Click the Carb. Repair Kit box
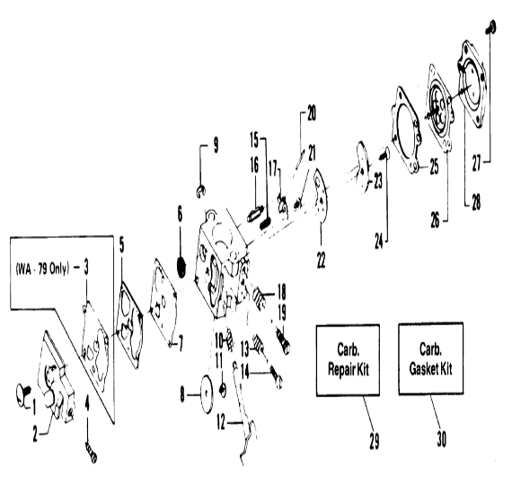(x=349, y=360)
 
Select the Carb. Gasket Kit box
(x=430, y=359)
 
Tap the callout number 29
(x=375, y=441)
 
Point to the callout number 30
(x=441, y=438)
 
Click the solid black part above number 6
(x=181, y=267)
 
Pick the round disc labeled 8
(x=207, y=395)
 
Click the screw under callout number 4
(x=91, y=454)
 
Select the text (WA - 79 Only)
(x=43, y=269)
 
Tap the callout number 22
(x=321, y=260)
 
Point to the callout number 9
(x=216, y=145)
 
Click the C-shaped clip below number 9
(x=201, y=191)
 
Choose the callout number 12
(x=221, y=423)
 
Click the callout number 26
(x=435, y=220)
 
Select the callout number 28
(x=476, y=202)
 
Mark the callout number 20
(x=312, y=113)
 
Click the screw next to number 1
(x=22, y=394)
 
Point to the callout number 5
(x=121, y=246)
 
